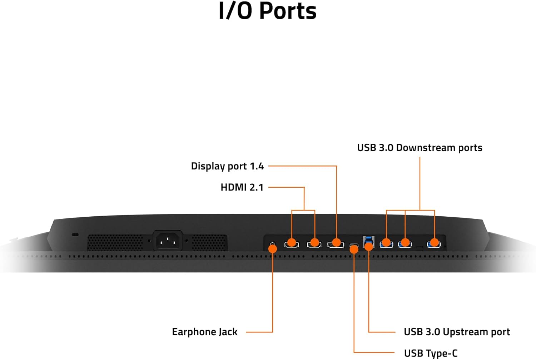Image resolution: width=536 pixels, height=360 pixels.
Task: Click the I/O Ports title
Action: click(x=268, y=11)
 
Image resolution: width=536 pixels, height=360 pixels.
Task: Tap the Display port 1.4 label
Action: click(x=227, y=166)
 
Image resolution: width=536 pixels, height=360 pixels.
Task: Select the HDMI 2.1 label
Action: click(x=242, y=187)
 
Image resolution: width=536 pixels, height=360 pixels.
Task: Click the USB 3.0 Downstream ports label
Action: click(x=420, y=148)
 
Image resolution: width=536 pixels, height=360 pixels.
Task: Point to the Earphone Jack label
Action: click(x=205, y=332)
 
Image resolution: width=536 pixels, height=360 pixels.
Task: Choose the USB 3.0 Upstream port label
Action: click(x=457, y=332)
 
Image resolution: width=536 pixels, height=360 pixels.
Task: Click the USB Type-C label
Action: click(x=431, y=353)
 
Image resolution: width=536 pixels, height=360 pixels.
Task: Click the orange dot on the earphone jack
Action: click(x=273, y=248)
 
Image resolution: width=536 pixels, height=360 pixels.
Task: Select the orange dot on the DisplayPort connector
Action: click(x=336, y=243)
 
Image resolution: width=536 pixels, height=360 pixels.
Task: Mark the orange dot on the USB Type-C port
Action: click(x=354, y=249)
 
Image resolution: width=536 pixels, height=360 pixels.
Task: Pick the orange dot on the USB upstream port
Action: click(x=369, y=246)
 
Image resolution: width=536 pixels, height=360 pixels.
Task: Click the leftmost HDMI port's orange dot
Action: click(x=292, y=243)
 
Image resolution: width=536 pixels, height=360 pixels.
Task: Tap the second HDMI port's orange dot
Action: click(x=314, y=243)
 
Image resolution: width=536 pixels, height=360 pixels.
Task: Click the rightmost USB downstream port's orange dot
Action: click(x=435, y=243)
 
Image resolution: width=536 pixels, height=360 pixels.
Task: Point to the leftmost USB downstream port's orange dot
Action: click(x=386, y=243)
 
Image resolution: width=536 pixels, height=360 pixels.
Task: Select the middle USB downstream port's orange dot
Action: click(x=405, y=243)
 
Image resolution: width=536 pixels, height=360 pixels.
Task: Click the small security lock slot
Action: click(x=75, y=235)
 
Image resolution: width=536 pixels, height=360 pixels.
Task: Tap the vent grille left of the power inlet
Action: click(x=115, y=243)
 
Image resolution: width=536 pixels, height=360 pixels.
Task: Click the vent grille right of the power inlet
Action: click(x=209, y=243)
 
